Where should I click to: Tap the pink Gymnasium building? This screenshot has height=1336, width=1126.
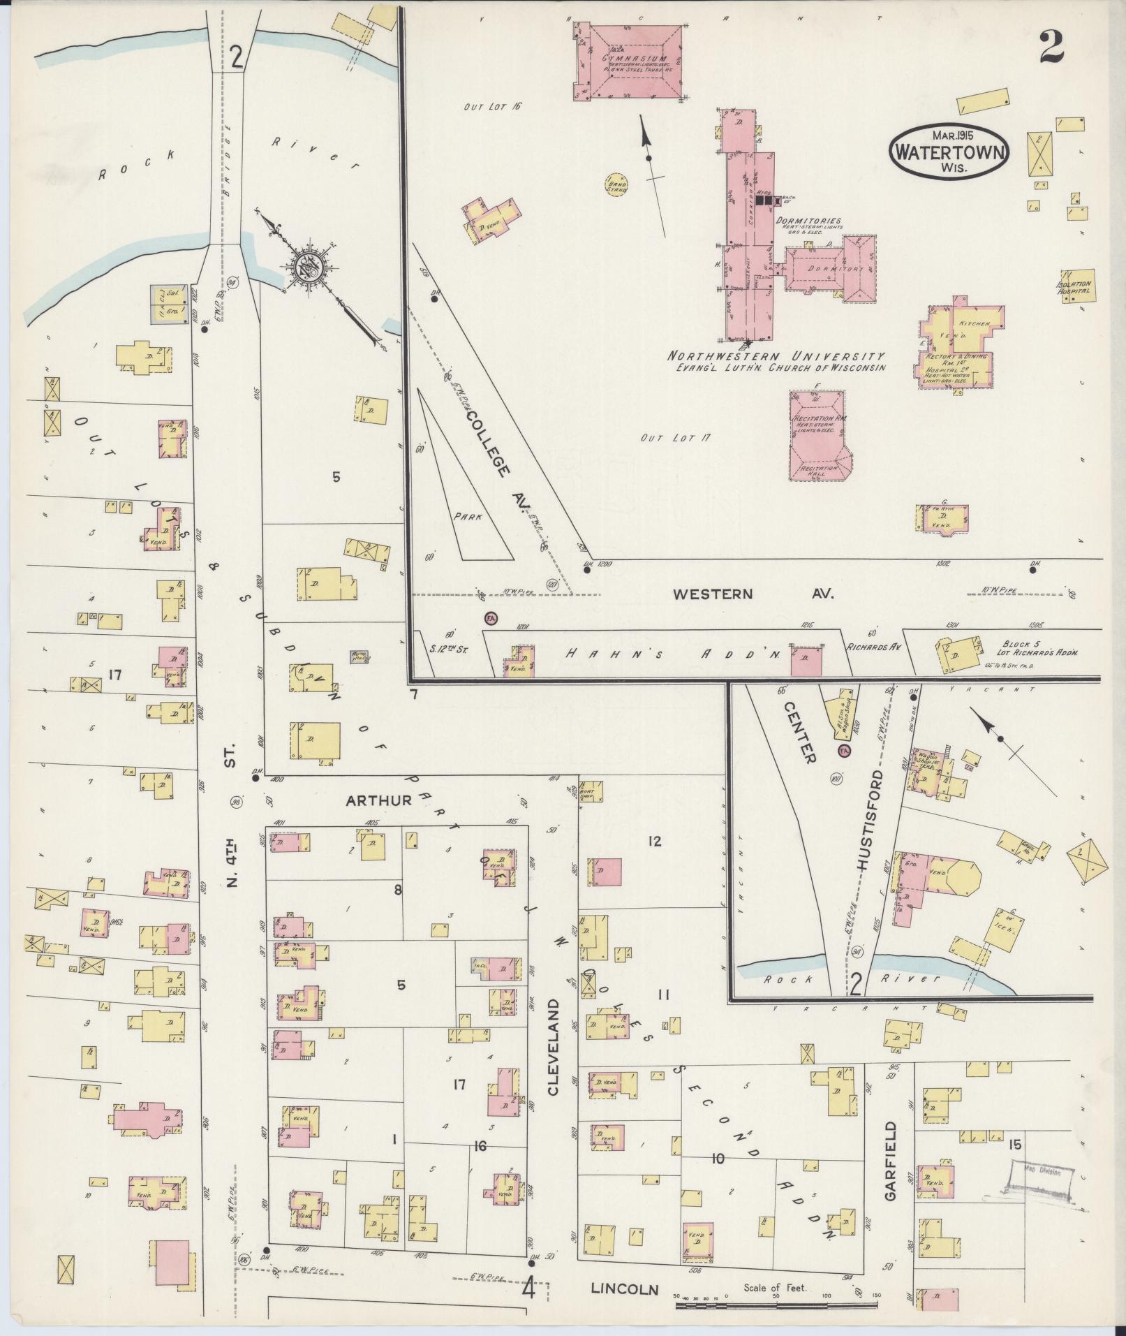coord(629,62)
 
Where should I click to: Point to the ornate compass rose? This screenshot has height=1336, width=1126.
coord(306,265)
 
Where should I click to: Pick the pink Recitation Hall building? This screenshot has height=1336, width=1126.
coord(817,436)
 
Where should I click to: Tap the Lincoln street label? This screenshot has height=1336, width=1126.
coord(625,1289)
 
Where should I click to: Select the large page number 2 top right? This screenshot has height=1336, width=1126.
coord(1051,47)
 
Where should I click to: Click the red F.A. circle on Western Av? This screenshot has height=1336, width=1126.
coord(491,618)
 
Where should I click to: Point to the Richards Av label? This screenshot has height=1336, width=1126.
coord(873,647)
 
